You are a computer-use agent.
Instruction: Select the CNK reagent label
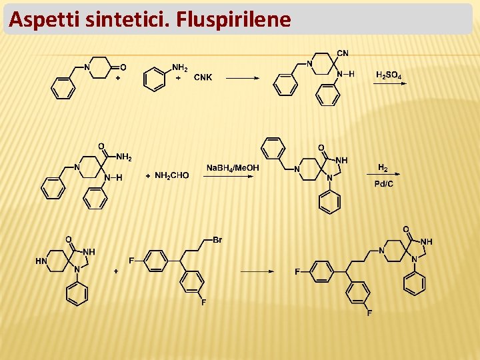[x=203, y=77]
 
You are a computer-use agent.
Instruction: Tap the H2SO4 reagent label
[x=389, y=75]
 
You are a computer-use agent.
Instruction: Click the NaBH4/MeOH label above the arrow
[x=233, y=168]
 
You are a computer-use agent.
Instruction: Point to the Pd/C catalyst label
[x=383, y=184]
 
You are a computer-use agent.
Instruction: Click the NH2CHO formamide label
[x=171, y=175]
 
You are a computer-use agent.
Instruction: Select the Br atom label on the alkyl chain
[x=217, y=240]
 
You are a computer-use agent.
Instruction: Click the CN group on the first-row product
[x=343, y=53]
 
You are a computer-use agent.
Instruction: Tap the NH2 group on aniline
[x=180, y=67]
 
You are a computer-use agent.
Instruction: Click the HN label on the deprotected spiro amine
[x=41, y=261]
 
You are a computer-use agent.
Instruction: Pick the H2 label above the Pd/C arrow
[x=383, y=167]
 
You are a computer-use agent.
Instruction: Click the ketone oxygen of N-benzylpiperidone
[x=123, y=67]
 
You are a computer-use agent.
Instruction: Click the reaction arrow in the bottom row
[x=257, y=271]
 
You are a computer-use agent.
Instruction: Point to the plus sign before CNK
[x=178, y=77]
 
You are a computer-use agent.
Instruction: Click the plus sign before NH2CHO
[x=147, y=175]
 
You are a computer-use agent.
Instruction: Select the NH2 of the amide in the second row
[x=123, y=157]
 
